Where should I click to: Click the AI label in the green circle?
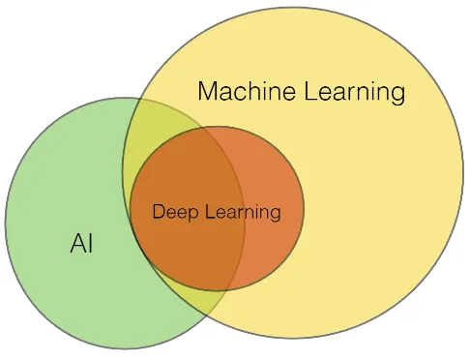[82, 244]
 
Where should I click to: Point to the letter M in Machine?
[208, 93]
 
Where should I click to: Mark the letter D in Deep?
[159, 211]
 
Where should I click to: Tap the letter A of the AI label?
[77, 244]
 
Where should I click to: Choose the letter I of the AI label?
[90, 244]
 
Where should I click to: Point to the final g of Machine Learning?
[397, 96]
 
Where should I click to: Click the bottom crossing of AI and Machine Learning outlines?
[219, 315]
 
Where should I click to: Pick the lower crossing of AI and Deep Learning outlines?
[232, 287]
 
